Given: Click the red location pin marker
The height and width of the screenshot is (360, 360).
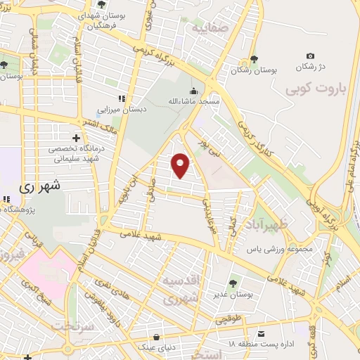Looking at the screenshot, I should (181, 165).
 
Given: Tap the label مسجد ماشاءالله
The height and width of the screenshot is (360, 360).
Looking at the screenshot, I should (193, 102).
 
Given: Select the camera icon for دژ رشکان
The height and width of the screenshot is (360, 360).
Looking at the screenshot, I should (311, 56).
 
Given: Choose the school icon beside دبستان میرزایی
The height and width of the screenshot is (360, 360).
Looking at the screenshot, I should (122, 98).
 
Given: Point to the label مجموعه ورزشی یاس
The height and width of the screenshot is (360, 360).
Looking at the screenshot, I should (278, 249).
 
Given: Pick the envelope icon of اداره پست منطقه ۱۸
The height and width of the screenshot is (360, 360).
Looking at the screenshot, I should (261, 333).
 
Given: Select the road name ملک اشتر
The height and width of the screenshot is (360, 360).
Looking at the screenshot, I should (98, 126).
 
